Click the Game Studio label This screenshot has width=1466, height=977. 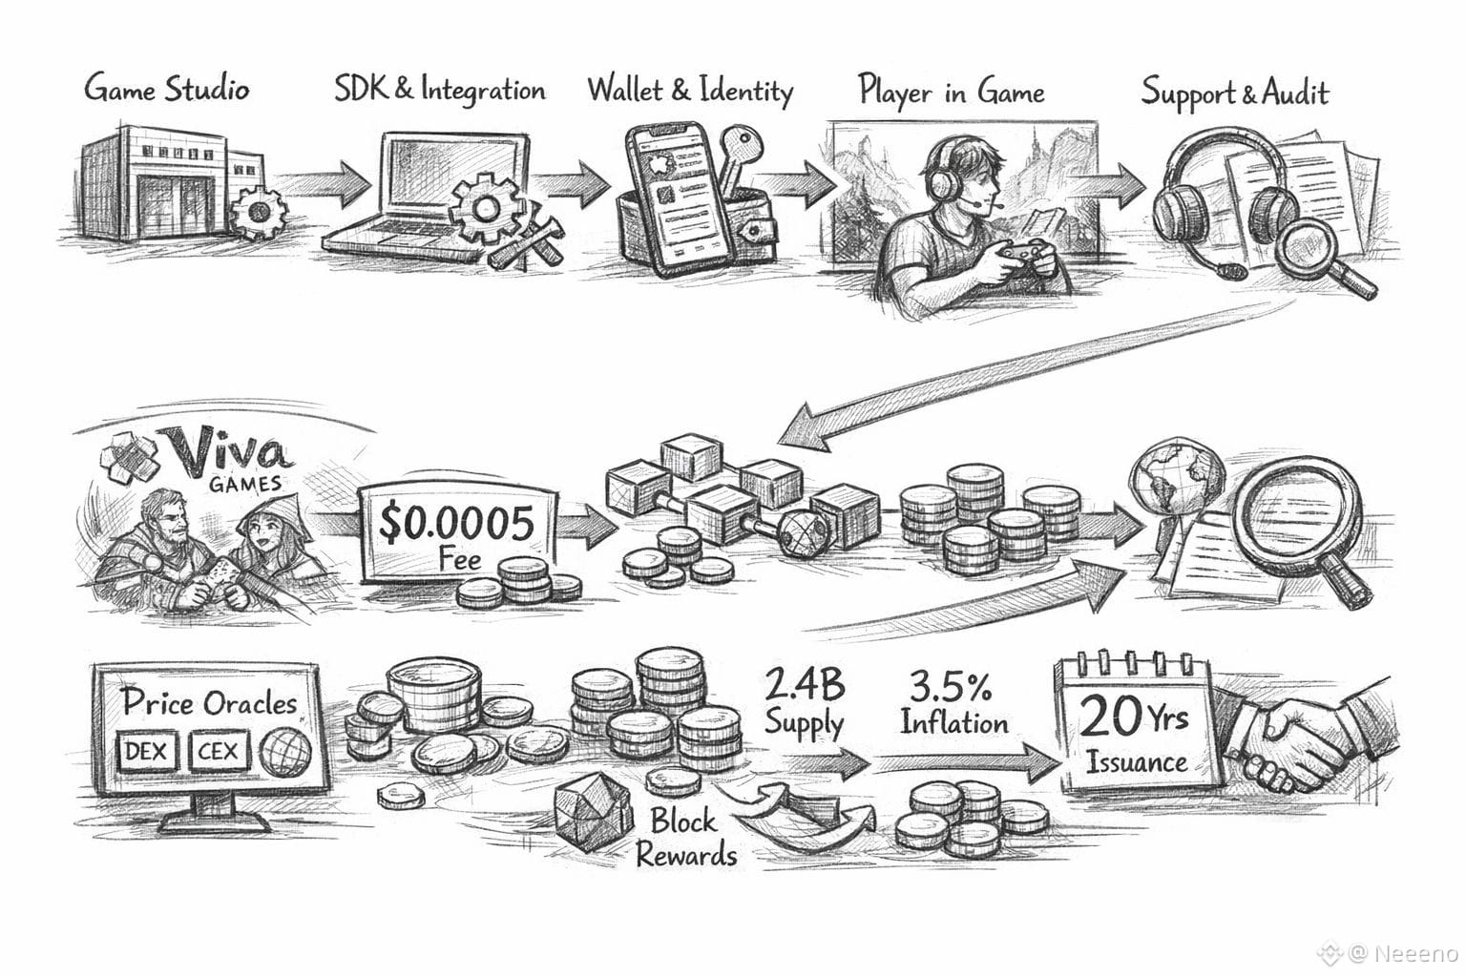(x=167, y=89)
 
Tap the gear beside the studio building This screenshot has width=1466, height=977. (x=256, y=214)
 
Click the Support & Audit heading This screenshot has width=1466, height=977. (x=1234, y=93)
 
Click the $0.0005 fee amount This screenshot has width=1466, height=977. (x=456, y=523)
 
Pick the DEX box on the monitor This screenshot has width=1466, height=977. (x=146, y=752)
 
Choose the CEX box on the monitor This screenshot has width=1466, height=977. (x=218, y=752)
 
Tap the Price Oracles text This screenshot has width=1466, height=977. (x=209, y=703)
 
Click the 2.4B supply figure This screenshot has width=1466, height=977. (x=804, y=685)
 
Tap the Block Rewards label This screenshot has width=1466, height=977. (x=684, y=837)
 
